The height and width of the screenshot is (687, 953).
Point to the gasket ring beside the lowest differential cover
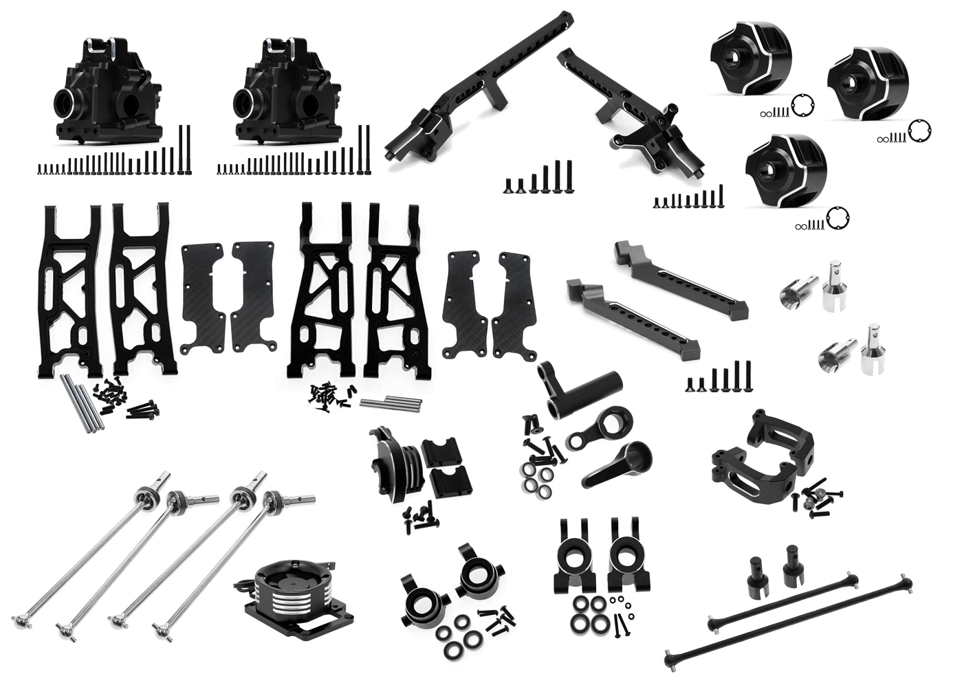point(837,217)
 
